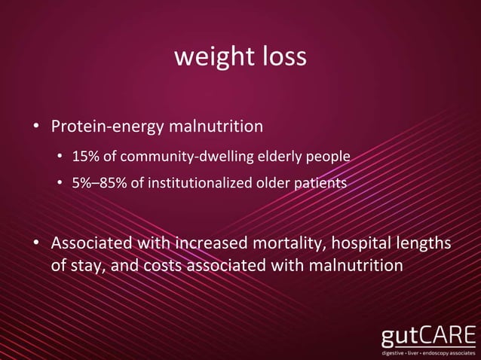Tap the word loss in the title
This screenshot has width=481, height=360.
point(283,57)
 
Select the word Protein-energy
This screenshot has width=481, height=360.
point(105,126)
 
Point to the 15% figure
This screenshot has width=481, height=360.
point(83,157)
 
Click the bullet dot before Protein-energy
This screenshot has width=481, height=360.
point(36,126)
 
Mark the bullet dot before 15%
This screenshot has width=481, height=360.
point(60,157)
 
